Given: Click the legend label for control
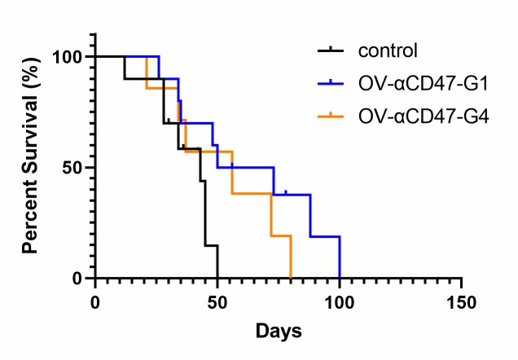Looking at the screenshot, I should [387, 50].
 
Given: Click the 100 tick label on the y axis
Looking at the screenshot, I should [68, 57].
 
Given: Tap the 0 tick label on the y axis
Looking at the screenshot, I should [78, 279].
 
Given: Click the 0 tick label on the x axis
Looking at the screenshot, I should [95, 300].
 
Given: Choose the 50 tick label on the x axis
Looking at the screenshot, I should [217, 300].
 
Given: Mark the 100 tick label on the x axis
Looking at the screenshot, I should [340, 300].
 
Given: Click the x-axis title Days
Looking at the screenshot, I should [279, 331].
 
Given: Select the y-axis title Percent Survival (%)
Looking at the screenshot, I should [30, 166].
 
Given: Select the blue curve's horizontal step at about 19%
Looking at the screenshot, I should [324, 236].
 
